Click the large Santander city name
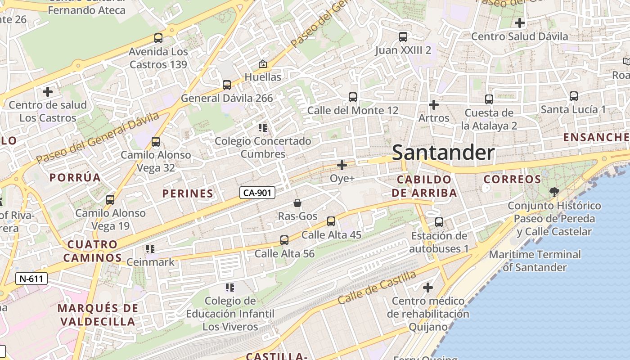tap(443, 153)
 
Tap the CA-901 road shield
tap(257, 193)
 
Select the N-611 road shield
tap(31, 279)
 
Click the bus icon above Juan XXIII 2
tap(403, 37)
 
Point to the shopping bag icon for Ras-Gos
tap(297, 203)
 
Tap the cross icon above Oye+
tap(342, 165)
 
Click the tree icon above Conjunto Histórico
tap(554, 192)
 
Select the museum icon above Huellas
tap(263, 64)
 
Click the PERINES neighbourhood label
tap(188, 193)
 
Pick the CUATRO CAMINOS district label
tap(92, 251)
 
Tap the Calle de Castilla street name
tap(377, 287)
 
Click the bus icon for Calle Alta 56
tap(284, 240)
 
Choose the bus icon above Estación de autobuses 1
tap(439, 222)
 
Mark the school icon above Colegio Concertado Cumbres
tap(263, 128)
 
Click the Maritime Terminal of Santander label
tap(535, 261)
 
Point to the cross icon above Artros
tap(434, 105)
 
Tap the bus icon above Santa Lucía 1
tap(574, 96)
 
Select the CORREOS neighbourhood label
tap(512, 179)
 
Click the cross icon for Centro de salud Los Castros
tap(48, 92)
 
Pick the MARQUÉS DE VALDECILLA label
tap(98, 315)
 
